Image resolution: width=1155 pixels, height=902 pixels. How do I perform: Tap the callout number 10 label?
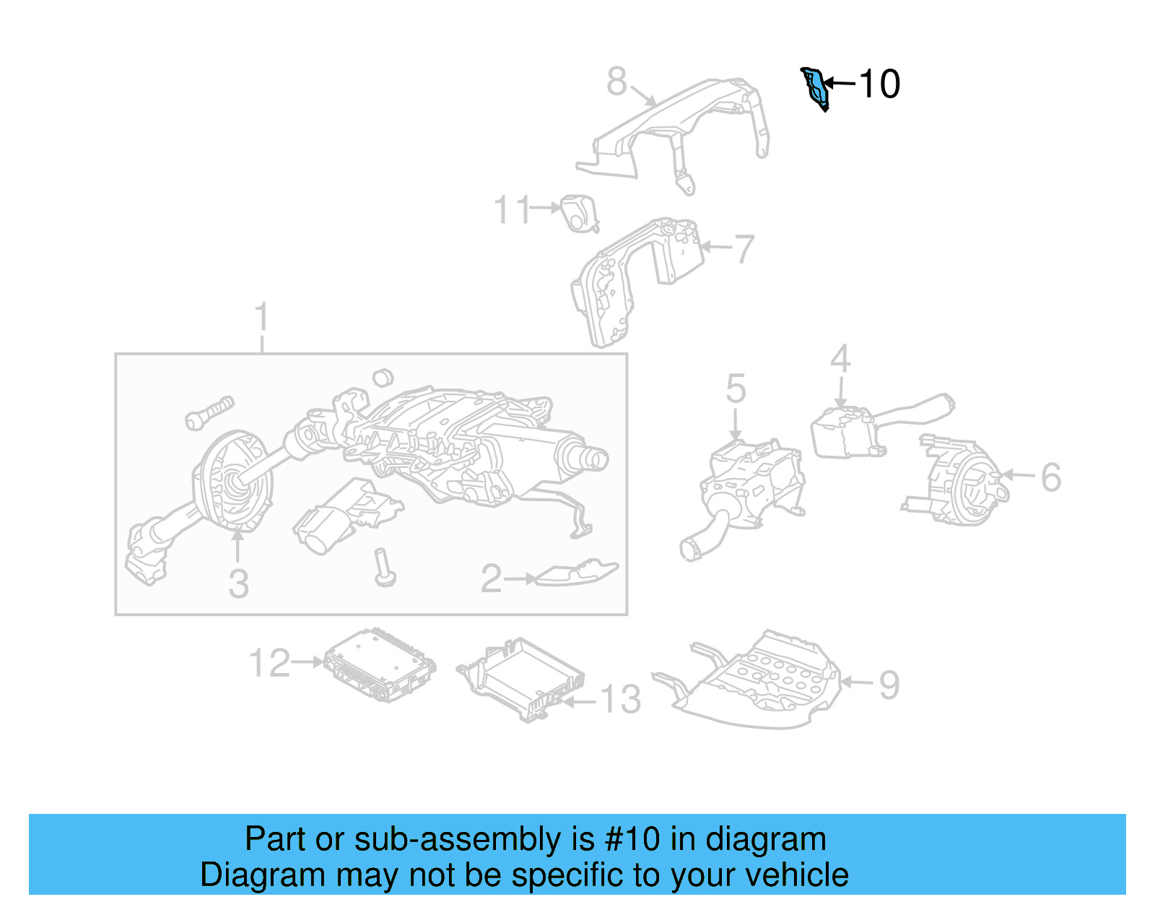[879, 84]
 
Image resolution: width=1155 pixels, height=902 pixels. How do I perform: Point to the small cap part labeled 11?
[579, 213]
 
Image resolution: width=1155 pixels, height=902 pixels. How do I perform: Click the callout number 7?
[744, 248]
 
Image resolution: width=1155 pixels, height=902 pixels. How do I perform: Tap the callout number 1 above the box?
[261, 318]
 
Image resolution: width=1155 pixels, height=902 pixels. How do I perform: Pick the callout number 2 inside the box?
[492, 578]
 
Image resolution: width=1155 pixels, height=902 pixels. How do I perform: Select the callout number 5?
[736, 389]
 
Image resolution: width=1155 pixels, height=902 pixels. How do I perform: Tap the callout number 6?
[1050, 477]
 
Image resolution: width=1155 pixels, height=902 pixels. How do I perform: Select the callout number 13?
[621, 699]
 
